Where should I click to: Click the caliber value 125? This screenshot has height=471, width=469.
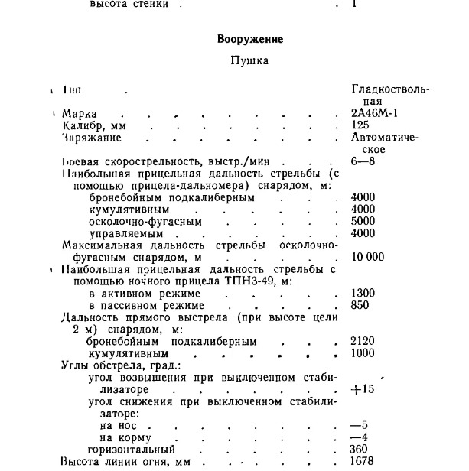point(360,125)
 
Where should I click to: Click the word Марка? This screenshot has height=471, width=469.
point(80,113)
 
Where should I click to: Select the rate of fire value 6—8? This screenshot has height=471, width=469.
point(363,162)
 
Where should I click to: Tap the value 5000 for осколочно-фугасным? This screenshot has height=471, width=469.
point(363,222)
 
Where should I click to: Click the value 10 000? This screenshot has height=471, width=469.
point(369,257)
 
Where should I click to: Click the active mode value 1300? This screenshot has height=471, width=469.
point(363,294)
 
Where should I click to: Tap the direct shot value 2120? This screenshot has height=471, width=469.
point(363,341)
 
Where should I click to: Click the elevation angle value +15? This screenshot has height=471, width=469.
point(362,388)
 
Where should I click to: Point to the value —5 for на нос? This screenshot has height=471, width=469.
point(359,424)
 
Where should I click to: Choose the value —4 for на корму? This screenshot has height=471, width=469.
point(359,437)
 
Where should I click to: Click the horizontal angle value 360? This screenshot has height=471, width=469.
point(360,449)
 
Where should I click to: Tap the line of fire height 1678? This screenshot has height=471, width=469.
point(363,462)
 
